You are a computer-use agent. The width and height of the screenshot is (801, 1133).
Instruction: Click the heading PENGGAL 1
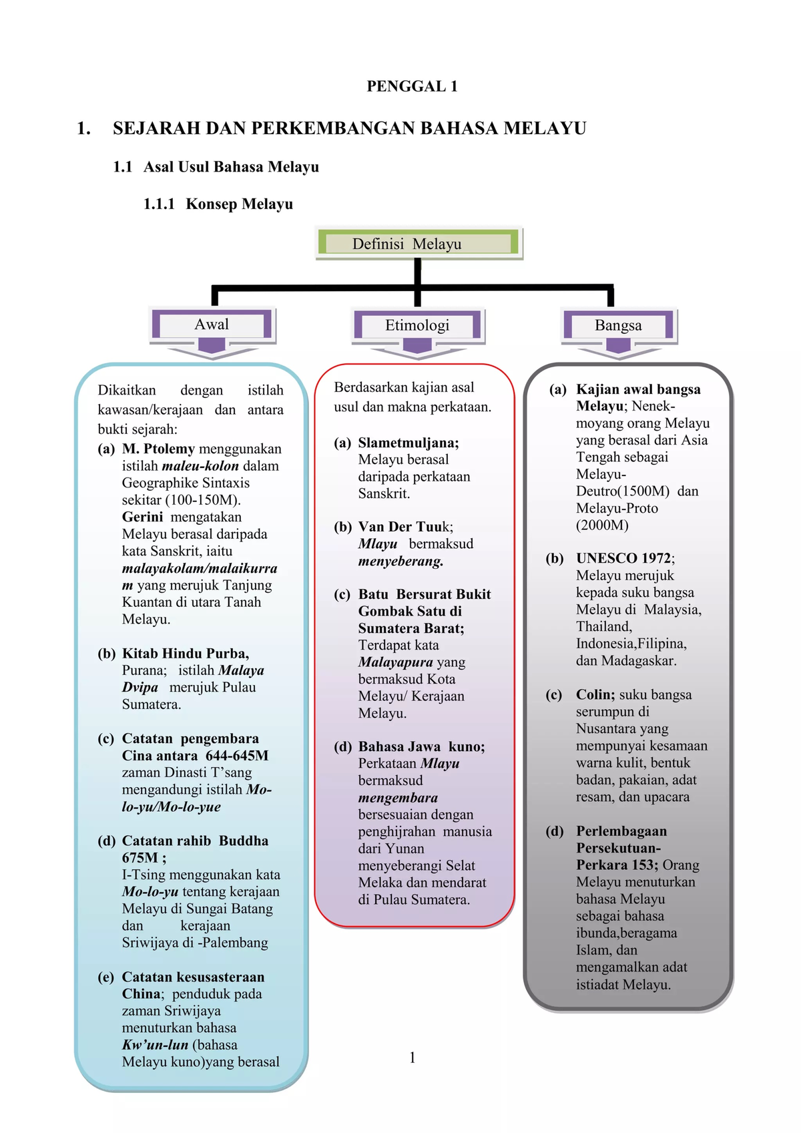[x=412, y=86]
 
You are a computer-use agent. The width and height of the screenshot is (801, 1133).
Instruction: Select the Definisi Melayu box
[x=419, y=244]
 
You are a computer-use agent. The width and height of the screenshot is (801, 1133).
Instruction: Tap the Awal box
[x=212, y=325]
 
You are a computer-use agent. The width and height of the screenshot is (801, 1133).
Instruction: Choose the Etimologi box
[x=417, y=326]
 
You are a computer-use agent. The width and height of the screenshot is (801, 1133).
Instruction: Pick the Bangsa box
[x=618, y=326]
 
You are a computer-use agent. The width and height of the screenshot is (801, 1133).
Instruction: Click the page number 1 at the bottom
[x=413, y=1058]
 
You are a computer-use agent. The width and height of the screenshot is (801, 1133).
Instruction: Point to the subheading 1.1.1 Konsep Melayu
[x=218, y=204]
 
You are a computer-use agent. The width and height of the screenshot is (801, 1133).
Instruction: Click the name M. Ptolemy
[x=158, y=449]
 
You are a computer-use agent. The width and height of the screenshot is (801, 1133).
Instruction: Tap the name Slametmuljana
[x=408, y=443]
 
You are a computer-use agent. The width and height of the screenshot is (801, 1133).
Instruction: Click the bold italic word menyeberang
[x=400, y=561]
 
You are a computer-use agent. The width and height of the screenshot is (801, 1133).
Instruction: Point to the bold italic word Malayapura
[x=395, y=662]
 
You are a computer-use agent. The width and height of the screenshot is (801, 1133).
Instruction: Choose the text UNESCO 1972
[x=624, y=558]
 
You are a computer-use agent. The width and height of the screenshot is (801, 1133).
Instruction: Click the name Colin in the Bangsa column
[x=595, y=695]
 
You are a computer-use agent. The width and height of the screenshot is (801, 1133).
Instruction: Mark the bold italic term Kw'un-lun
[x=155, y=1045]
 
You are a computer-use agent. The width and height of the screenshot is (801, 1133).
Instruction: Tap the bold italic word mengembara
[x=398, y=798]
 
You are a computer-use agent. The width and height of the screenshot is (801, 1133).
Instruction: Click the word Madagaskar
[x=639, y=661]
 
